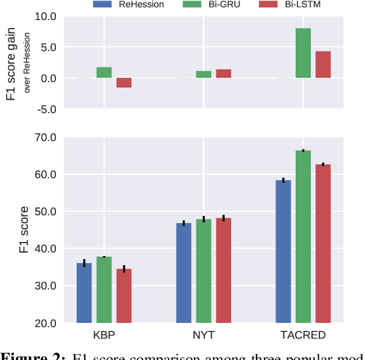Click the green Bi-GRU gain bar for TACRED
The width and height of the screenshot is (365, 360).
point(303,53)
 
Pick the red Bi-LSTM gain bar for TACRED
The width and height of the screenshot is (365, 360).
point(323,64)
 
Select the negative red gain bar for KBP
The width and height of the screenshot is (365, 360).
point(124,83)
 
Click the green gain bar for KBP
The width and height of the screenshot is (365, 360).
point(104,72)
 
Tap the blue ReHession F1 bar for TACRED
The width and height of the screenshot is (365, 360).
point(283,251)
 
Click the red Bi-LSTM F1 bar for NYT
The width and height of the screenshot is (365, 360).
point(223,270)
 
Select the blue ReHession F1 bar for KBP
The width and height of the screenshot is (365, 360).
point(84,292)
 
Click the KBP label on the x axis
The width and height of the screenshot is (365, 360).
point(104,335)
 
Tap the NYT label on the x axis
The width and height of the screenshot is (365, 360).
point(203,335)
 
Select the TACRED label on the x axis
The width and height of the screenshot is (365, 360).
point(302,335)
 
